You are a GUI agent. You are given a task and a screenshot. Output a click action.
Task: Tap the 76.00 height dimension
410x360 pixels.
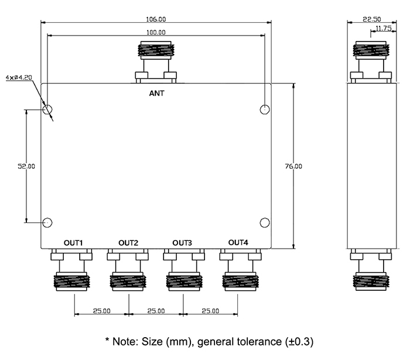pyautogui.click(x=298, y=167)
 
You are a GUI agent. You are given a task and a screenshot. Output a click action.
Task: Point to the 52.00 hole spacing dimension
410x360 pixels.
pyautogui.click(x=26, y=167)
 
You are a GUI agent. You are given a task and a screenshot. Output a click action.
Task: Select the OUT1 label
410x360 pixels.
pyautogui.click(x=74, y=243)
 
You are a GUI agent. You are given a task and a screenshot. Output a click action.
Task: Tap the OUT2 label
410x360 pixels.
pyautogui.click(x=128, y=243)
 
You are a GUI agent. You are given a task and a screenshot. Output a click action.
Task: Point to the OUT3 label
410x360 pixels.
pyautogui.click(x=182, y=243)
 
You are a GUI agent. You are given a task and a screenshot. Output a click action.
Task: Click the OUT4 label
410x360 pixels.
pyautogui.click(x=238, y=243)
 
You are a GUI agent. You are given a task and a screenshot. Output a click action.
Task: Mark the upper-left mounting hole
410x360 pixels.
pyautogui.click(x=49, y=110)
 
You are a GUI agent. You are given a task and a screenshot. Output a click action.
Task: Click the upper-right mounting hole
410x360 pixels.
pyautogui.click(x=265, y=110)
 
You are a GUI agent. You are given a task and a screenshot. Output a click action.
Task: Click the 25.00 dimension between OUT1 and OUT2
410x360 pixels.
pyautogui.click(x=101, y=311)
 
